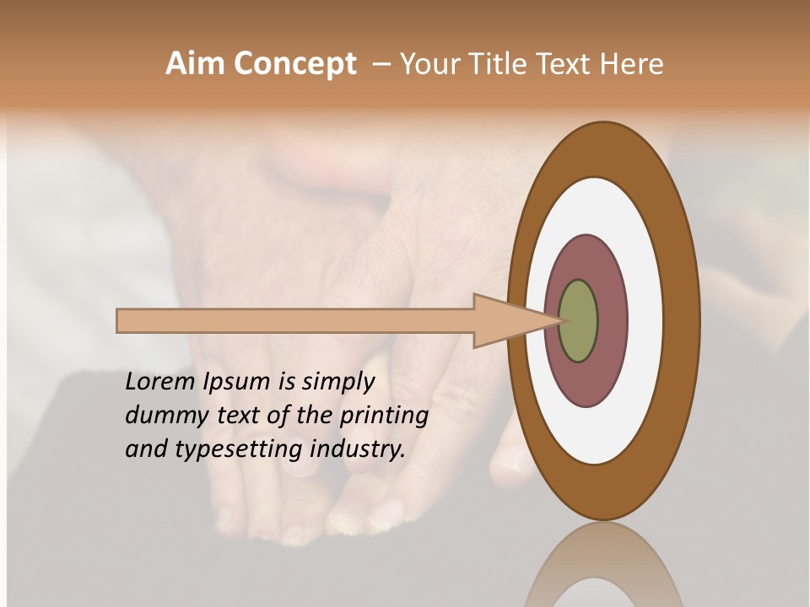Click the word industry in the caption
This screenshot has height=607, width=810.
pyautogui.click(x=358, y=449)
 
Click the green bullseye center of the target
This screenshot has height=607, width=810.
pyautogui.click(x=579, y=321)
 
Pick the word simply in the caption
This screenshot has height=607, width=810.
pyautogui.click(x=337, y=383)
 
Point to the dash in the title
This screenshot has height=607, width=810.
pyautogui.click(x=381, y=64)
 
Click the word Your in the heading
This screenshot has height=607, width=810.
pyautogui.click(x=429, y=64)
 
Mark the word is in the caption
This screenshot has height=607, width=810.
pyautogui.click(x=286, y=382)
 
